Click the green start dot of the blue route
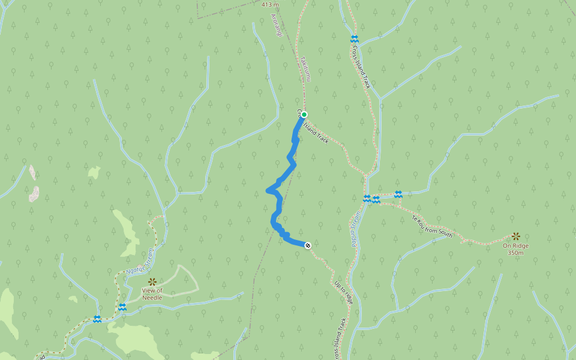point(304,115)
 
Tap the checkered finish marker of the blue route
point(308,245)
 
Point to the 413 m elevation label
point(271,4)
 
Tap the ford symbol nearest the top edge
point(354,39)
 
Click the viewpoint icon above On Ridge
point(516,236)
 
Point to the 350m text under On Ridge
point(515,253)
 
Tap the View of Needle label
point(152,294)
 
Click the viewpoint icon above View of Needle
point(152,281)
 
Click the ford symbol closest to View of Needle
point(122,307)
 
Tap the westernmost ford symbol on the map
point(97,319)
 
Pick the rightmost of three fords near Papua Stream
point(398,194)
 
